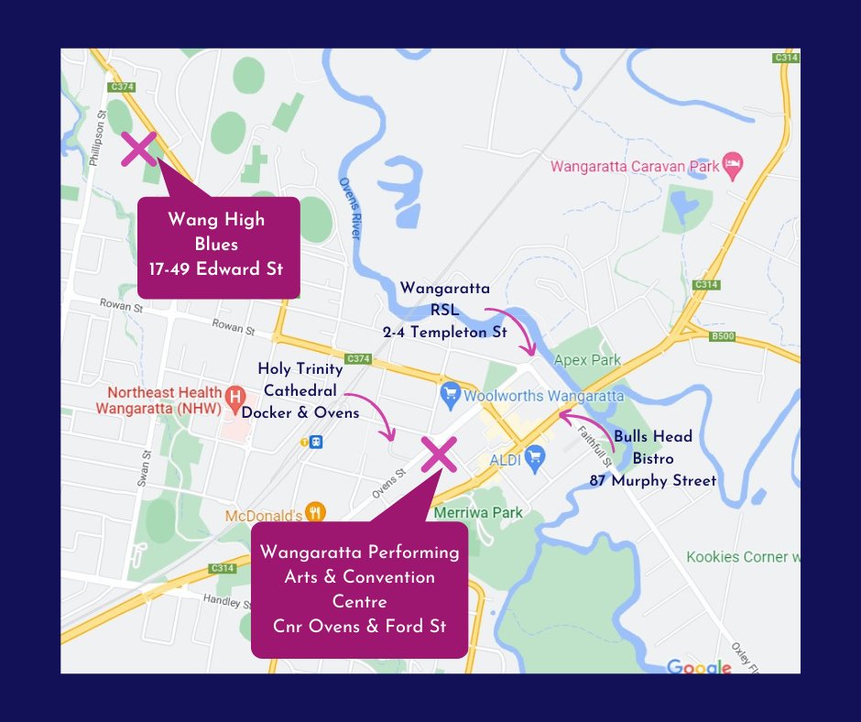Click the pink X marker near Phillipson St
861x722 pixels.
pyautogui.click(x=139, y=148)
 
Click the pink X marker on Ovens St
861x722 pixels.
pyautogui.click(x=439, y=454)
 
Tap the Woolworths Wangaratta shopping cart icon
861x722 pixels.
pyautogui.click(x=449, y=396)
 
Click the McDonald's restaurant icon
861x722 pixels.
pyautogui.click(x=315, y=513)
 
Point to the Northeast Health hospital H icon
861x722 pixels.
pyautogui.click(x=235, y=398)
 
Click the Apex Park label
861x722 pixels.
pyautogui.click(x=588, y=360)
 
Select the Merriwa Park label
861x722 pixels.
pyautogui.click(x=480, y=512)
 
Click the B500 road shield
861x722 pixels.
pyautogui.click(x=724, y=336)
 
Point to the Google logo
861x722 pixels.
pyautogui.click(x=699, y=666)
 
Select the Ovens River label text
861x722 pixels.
pyautogui.click(x=352, y=210)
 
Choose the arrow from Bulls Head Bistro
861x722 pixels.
pyautogui.click(x=586, y=426)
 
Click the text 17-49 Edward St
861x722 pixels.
pyautogui.click(x=218, y=269)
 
